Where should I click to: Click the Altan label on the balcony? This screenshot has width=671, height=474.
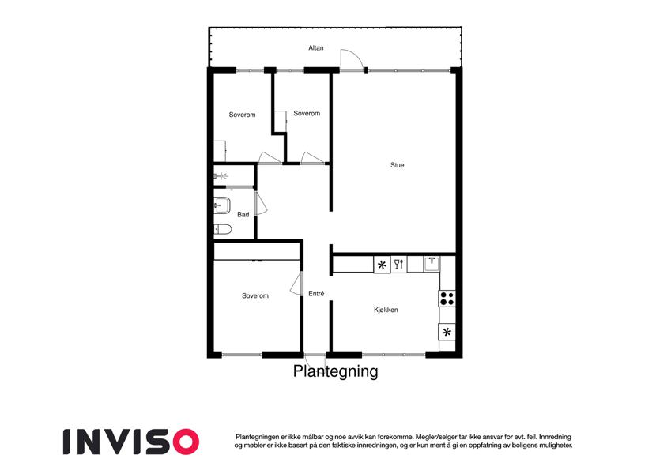[x=316, y=48]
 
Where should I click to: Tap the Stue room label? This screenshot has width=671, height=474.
[x=397, y=164]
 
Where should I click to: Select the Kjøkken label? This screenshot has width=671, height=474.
[x=386, y=310]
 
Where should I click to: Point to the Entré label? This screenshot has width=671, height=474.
[x=316, y=293]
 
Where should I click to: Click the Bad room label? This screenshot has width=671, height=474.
[x=243, y=214]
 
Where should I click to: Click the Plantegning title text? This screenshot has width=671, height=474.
[x=335, y=371]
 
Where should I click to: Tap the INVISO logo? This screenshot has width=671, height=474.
[x=131, y=442]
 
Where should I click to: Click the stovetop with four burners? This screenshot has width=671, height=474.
[x=447, y=298]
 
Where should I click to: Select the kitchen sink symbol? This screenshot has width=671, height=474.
[x=432, y=264]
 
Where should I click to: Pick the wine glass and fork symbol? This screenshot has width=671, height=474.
[x=399, y=264]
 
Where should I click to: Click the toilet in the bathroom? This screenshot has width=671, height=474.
[x=223, y=229]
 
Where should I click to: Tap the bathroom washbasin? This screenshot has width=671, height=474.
[x=222, y=205]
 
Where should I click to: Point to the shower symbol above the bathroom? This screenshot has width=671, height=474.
[x=221, y=176]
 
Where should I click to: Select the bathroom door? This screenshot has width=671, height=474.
[x=260, y=203]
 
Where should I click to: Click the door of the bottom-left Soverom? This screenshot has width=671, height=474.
[x=296, y=283]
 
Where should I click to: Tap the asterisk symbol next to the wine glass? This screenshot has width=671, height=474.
[x=383, y=265]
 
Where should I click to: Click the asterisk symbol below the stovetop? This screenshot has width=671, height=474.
[x=447, y=332]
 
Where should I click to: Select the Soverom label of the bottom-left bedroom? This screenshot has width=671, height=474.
[x=255, y=295]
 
